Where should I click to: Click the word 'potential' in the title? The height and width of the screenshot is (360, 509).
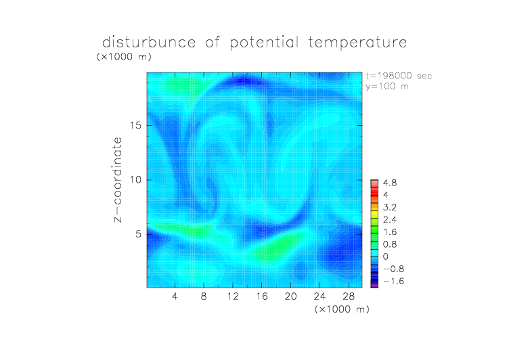click(x=264, y=43)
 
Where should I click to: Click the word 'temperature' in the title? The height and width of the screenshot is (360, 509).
click(x=357, y=43)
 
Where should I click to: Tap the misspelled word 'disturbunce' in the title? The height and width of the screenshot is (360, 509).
click(x=149, y=42)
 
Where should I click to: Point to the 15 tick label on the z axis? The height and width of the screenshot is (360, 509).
click(x=135, y=125)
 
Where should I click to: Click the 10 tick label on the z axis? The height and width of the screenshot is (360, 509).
click(x=135, y=180)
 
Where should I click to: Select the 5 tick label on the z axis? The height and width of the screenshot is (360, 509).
click(x=139, y=234)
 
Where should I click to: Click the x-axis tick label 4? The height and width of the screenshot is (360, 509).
click(x=175, y=296)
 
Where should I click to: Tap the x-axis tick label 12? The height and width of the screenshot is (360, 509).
click(x=233, y=296)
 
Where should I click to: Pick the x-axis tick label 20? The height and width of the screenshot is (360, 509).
click(x=290, y=296)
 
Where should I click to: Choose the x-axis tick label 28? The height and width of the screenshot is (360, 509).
click(x=349, y=296)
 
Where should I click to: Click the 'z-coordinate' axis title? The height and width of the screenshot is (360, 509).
click(x=118, y=179)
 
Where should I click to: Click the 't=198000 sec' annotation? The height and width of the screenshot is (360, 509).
click(x=399, y=76)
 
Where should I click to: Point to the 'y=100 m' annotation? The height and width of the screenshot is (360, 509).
click(x=387, y=87)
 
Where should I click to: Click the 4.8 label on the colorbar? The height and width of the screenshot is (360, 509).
click(x=390, y=183)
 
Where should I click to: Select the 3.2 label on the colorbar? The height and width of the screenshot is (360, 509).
click(x=390, y=208)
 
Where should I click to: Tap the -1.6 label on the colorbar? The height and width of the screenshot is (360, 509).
click(x=393, y=281)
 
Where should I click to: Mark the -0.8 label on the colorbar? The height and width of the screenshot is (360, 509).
click(x=393, y=269)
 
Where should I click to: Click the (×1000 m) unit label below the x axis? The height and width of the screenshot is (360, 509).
click(x=342, y=309)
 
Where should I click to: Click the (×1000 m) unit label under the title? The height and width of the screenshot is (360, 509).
click(x=124, y=57)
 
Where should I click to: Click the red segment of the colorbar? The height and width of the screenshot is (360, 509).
click(x=374, y=192)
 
